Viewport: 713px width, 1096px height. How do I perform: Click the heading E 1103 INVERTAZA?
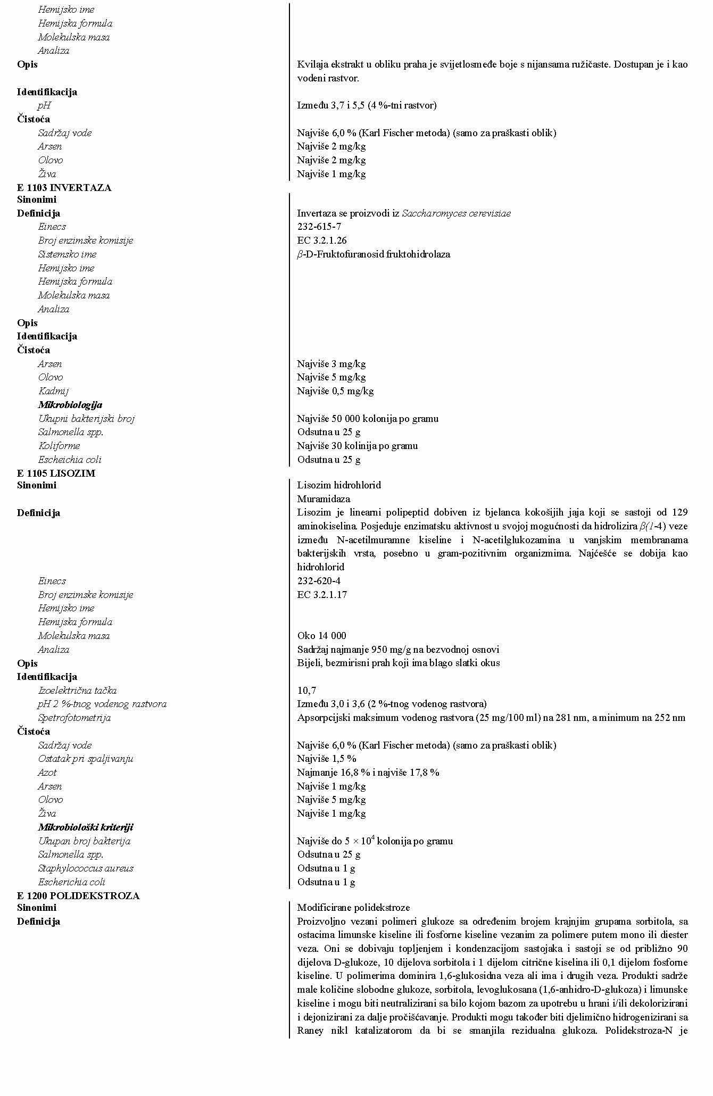(x=64, y=188)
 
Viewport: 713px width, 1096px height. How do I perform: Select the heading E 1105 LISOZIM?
(x=56, y=473)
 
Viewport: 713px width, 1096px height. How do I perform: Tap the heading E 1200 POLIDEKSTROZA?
(x=78, y=895)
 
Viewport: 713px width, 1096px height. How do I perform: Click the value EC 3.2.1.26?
(x=322, y=240)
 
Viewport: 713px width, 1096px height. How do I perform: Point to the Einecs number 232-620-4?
(x=319, y=581)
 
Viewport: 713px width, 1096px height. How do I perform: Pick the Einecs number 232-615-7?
(x=319, y=227)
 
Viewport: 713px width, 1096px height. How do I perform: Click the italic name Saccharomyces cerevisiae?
(x=456, y=213)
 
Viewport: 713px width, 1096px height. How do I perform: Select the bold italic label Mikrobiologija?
(x=70, y=405)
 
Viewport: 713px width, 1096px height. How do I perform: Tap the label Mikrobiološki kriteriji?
(x=85, y=827)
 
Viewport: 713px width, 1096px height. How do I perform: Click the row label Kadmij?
(x=53, y=391)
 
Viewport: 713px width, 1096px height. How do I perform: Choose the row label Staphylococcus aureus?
(x=85, y=868)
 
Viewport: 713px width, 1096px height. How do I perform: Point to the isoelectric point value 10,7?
(x=306, y=691)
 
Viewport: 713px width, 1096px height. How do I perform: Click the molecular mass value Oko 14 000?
(x=321, y=636)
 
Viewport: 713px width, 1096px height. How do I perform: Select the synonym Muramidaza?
(x=324, y=499)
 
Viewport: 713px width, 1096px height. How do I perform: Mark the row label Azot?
(x=47, y=773)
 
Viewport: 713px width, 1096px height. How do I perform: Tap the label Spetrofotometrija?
(x=74, y=718)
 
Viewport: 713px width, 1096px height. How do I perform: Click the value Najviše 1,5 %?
(x=327, y=759)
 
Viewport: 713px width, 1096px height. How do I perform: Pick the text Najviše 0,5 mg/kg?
(x=335, y=391)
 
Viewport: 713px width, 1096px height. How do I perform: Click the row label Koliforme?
(x=59, y=446)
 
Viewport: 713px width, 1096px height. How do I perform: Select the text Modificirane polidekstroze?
(x=353, y=908)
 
